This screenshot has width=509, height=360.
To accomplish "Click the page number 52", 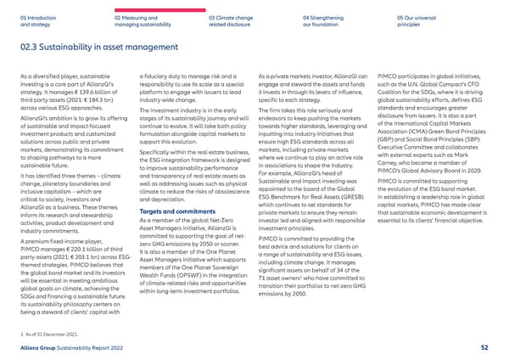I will (x=484, y=346).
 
